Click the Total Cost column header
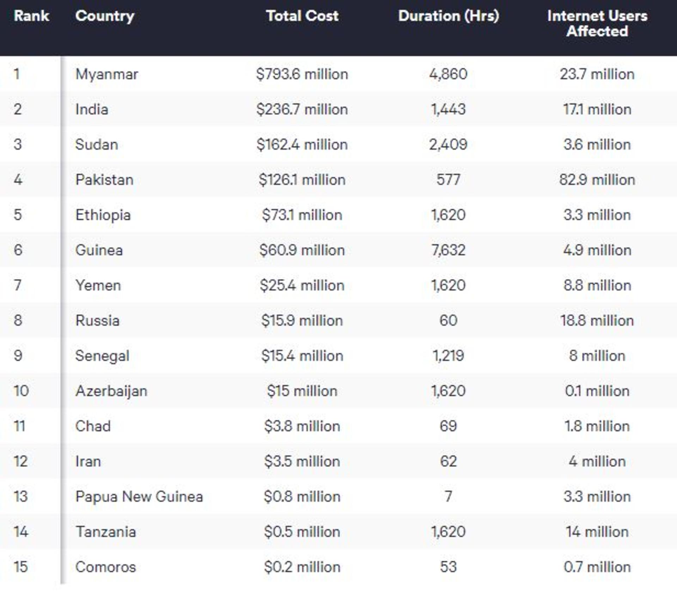click(302, 16)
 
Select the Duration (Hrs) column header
click(449, 16)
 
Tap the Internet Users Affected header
click(597, 23)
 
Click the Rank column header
click(31, 16)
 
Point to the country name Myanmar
click(106, 74)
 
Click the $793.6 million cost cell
click(302, 74)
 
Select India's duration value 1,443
click(449, 109)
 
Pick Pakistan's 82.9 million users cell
click(597, 180)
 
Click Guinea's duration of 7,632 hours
click(449, 250)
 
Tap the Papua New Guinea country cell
click(139, 497)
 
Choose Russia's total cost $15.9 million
click(302, 321)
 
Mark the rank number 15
click(20, 567)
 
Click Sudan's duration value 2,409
click(449, 144)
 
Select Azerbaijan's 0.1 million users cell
click(597, 391)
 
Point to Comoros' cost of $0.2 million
click(302, 567)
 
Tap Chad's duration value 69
click(449, 426)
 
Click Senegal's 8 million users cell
click(597, 356)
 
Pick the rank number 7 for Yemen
click(18, 285)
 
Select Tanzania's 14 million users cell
click(597, 532)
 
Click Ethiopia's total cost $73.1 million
click(302, 215)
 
